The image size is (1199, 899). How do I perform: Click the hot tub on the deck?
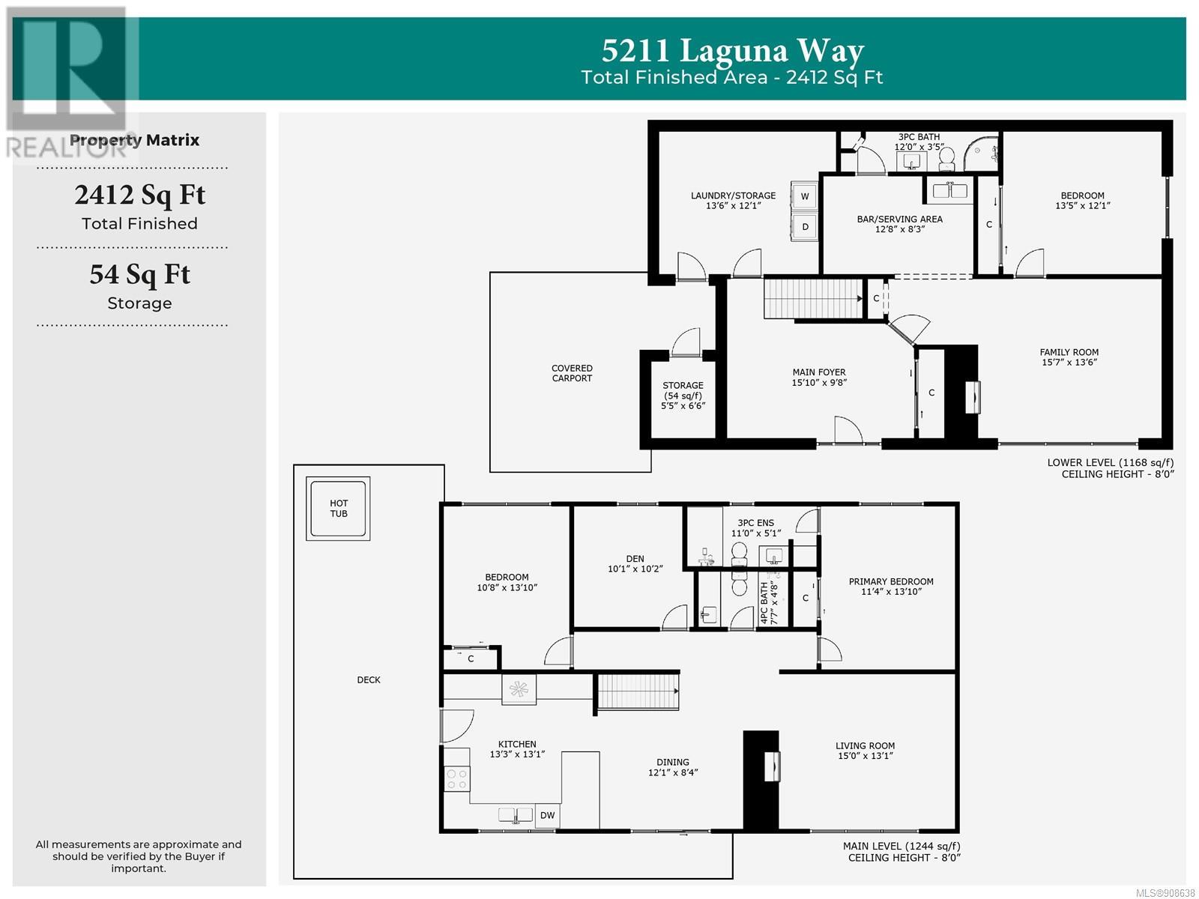click(337, 508)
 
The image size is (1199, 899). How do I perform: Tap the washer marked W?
click(804, 196)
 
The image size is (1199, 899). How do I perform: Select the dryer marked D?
click(804, 226)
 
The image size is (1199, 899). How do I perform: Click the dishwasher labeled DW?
click(547, 816)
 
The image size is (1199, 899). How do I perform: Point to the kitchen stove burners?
click(456, 778)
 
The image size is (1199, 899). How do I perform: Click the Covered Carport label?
click(571, 373)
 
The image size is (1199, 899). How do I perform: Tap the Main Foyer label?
click(819, 372)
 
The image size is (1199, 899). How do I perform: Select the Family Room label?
click(1069, 352)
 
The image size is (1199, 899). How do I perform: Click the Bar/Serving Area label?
click(899, 219)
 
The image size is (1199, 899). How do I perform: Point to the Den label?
click(635, 558)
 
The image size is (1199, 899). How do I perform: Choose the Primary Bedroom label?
click(890, 581)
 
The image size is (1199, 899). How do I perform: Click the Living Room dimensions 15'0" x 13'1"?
click(866, 755)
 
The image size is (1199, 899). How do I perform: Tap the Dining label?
click(672, 762)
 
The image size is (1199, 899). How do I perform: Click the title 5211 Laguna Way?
click(732, 51)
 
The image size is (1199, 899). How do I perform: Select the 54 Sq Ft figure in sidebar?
click(140, 274)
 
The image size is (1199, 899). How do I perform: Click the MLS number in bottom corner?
click(1165, 892)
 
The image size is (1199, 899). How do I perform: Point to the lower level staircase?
click(812, 298)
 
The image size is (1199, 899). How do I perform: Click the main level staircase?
click(638, 691)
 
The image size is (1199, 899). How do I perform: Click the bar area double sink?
click(950, 190)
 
